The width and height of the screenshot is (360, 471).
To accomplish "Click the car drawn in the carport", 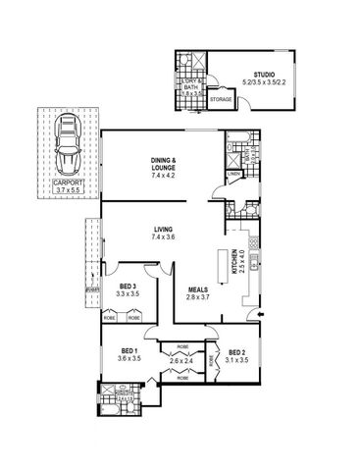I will (x=68, y=142).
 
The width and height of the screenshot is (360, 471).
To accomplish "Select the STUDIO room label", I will (x=262, y=74).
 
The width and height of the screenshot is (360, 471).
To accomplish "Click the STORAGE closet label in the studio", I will (x=221, y=98).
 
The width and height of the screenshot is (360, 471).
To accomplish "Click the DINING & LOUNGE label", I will (x=163, y=164).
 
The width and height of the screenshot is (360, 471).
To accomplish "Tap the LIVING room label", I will (x=162, y=229).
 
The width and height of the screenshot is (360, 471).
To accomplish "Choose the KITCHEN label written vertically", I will (x=234, y=261).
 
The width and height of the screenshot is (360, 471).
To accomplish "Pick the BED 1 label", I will (x=129, y=352).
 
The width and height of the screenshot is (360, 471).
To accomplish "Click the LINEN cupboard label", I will (x=231, y=175).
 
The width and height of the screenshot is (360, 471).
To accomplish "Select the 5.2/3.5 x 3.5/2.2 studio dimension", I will (x=262, y=81).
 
